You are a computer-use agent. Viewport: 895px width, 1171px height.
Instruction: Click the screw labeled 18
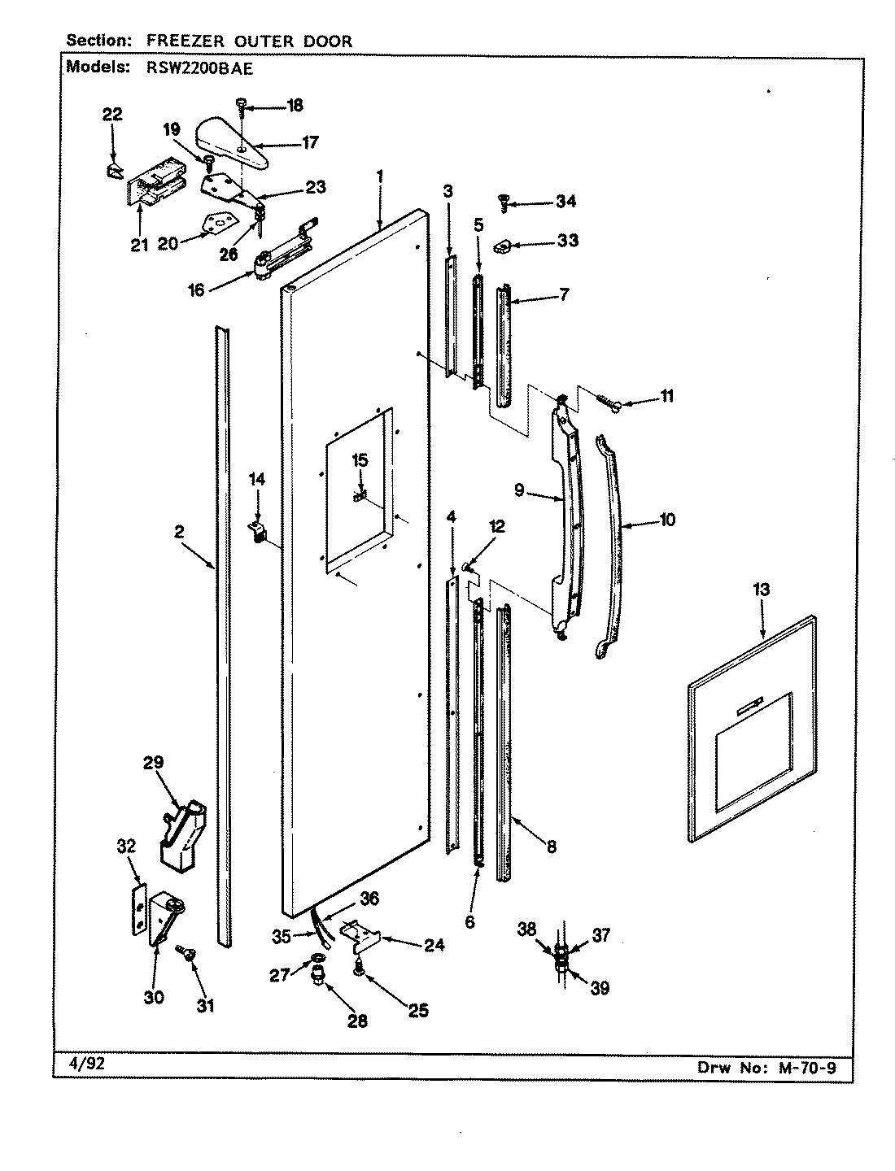(242, 104)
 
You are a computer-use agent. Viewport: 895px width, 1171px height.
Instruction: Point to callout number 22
(112, 115)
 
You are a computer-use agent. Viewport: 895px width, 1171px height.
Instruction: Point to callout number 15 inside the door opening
(359, 461)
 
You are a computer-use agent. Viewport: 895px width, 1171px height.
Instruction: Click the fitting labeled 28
(321, 975)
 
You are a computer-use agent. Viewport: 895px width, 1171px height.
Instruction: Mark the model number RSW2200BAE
(192, 69)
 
